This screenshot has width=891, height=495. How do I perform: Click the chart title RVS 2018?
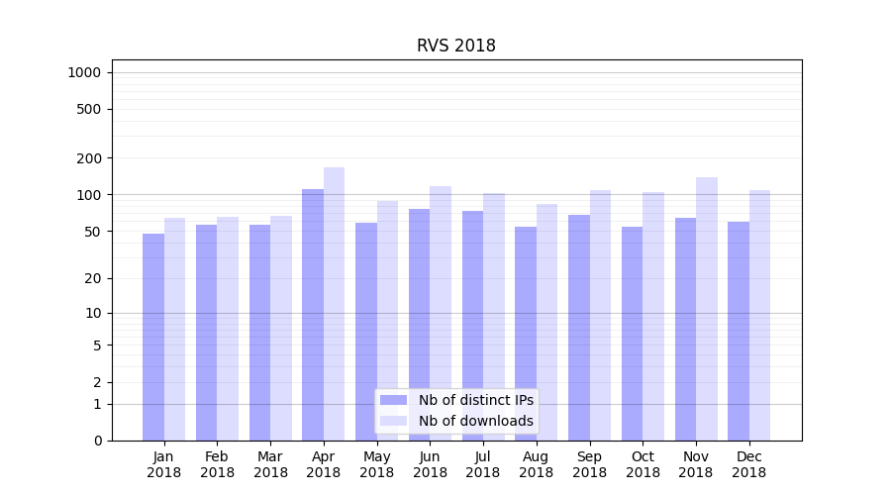coord(455,46)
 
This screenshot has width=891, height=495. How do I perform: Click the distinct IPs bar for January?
coord(153,337)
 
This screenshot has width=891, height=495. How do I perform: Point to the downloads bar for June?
coord(441,313)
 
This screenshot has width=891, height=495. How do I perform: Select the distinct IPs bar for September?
coord(579,328)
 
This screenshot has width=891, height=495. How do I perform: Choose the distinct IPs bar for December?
coord(739,331)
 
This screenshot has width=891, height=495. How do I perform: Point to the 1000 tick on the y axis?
coord(84,72)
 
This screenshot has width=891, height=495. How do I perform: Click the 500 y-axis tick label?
coord(89,109)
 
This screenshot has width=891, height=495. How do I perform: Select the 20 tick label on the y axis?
coord(92,278)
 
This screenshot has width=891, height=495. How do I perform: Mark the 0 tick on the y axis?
coord(97,441)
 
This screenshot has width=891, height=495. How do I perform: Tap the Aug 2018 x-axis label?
coord(536,464)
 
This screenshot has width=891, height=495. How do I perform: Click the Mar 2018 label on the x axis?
coord(270,464)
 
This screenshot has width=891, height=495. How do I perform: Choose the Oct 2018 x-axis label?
coord(643,464)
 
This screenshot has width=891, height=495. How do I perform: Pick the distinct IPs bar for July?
coord(472,326)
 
